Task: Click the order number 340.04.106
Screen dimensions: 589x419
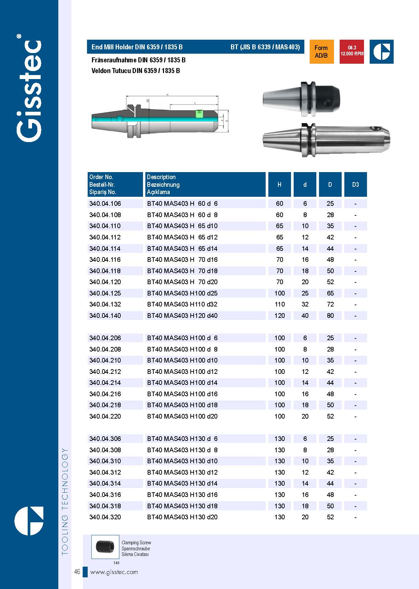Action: [105, 204]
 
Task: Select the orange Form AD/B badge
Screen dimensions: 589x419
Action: [321, 52]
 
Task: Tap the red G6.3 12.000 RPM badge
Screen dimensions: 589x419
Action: [352, 51]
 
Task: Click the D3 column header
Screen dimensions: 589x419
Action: [355, 184]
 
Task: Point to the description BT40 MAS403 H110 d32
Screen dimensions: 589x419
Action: [182, 305]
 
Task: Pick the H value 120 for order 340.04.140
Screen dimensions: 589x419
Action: [279, 316]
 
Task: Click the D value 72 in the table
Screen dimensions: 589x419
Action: [330, 305]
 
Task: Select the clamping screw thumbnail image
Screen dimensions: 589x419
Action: [105, 547]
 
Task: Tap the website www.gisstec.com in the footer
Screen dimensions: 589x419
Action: [114, 572]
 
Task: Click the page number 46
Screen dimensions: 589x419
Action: [77, 572]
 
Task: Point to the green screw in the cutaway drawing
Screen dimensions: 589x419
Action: [199, 114]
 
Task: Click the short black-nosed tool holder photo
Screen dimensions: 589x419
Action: [301, 99]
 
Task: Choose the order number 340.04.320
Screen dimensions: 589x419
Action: [105, 517]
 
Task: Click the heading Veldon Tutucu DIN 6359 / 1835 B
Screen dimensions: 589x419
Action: [136, 71]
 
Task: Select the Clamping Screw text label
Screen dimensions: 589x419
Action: [136, 543]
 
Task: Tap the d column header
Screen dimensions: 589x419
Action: [305, 184]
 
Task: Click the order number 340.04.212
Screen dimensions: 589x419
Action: [105, 372]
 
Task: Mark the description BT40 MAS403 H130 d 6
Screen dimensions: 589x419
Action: [182, 439]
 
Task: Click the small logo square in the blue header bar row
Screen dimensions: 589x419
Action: [381, 52]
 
